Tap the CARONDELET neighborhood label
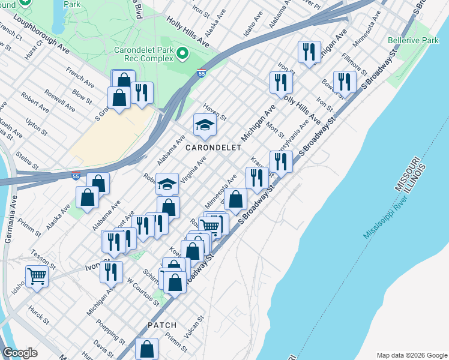click(213, 147)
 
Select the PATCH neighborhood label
click(162, 325)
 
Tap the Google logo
click(20, 353)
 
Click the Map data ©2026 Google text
click(411, 355)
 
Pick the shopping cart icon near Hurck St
click(37, 277)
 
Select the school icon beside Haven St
click(204, 125)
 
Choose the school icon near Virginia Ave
click(167, 184)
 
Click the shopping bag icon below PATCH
click(146, 349)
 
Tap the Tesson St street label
click(43, 259)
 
